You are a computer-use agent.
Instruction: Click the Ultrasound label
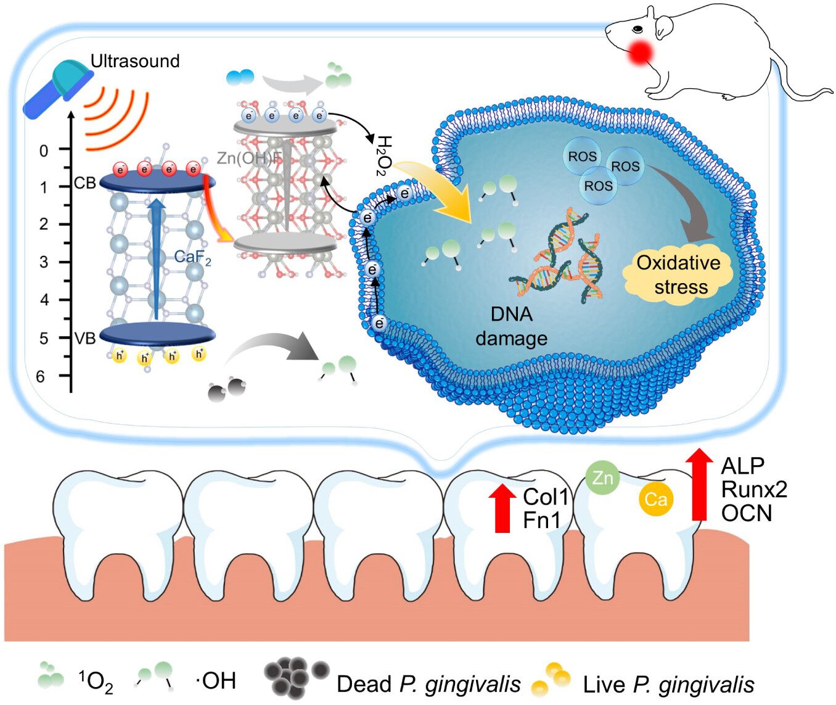(135, 61)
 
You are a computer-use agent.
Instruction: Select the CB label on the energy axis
(85, 183)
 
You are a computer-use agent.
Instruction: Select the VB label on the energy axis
(85, 338)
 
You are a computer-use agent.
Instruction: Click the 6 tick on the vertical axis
(41, 376)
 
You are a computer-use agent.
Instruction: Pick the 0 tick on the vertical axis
(43, 150)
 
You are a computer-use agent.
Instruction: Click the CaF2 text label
(192, 257)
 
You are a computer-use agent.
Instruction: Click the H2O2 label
(383, 155)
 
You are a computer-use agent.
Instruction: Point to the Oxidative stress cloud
(678, 275)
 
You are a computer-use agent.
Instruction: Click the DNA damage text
(511, 326)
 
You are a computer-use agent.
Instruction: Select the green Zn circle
(602, 477)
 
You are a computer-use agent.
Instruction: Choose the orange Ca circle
(655, 499)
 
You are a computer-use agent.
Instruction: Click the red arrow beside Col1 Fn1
(503, 508)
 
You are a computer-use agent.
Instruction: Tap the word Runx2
(754, 489)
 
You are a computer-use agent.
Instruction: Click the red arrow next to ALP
(699, 485)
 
